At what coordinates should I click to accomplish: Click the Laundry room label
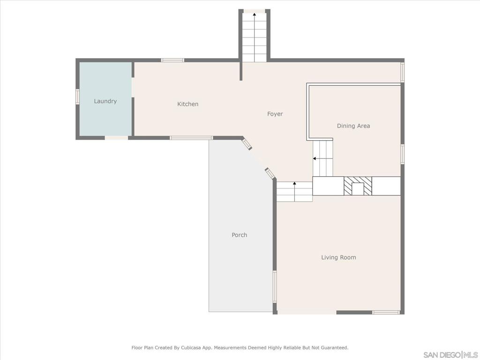click(105, 101)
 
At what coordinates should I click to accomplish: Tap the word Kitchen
click(187, 104)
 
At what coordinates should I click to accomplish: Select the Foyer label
click(275, 114)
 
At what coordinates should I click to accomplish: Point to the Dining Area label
click(353, 126)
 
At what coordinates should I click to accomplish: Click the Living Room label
click(338, 257)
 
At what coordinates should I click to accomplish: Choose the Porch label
click(239, 235)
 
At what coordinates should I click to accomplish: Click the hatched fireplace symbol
click(358, 186)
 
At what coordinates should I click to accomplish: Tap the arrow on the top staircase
click(255, 15)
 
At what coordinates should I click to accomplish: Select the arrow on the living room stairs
click(294, 184)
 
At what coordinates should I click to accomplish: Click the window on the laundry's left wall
click(78, 96)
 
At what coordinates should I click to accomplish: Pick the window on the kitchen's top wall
click(172, 60)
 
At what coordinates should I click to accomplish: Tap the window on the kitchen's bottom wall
click(191, 138)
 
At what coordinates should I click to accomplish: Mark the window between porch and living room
click(275, 286)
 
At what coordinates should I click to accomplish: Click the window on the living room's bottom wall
click(386, 312)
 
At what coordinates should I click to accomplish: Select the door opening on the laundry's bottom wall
click(116, 138)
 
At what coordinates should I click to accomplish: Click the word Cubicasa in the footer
click(192, 348)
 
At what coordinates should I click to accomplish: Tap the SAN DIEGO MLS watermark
click(450, 354)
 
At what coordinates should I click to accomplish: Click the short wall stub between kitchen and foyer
click(241, 71)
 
